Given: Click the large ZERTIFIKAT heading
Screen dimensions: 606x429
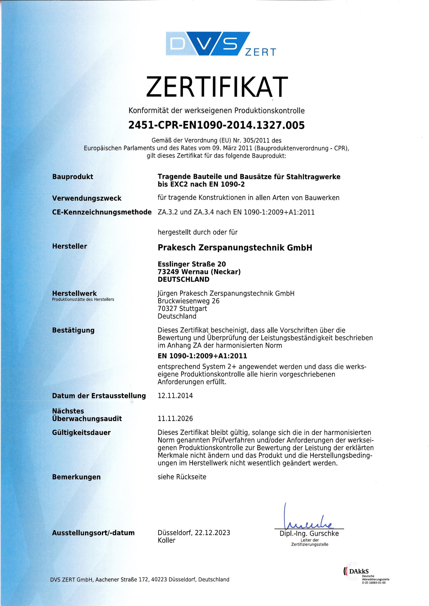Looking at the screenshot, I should (x=217, y=87).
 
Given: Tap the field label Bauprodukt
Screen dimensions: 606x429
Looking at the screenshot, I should (x=73, y=177).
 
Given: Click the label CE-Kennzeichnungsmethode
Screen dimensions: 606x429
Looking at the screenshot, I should (x=102, y=212).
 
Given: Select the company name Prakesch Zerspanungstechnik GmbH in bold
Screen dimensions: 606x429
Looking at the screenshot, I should (x=235, y=248).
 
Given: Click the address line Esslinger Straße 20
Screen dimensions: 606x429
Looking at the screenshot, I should (x=192, y=264).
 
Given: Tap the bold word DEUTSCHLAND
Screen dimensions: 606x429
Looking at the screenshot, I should (x=183, y=279).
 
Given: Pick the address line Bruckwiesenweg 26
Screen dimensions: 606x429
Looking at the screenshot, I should (x=188, y=301).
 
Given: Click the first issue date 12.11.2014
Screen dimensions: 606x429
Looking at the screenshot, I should (x=175, y=396).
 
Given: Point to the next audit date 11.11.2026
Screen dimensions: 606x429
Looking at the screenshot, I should (x=175, y=419).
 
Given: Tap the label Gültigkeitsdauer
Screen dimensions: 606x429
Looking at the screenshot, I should (x=81, y=432).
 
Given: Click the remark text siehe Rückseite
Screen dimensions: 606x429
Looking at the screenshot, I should (x=182, y=477).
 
